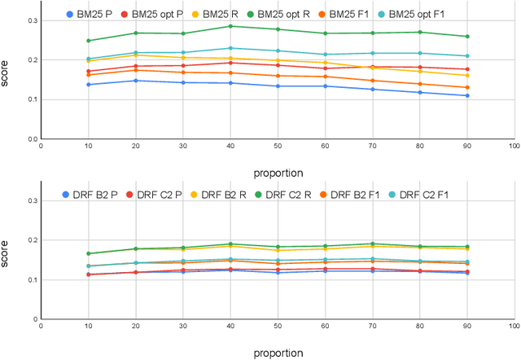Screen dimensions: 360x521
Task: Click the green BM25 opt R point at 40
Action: (230, 26)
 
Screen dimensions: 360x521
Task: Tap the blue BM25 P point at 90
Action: (466, 95)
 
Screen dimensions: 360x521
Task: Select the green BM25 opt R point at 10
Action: (89, 41)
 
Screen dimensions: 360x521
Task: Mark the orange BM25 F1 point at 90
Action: (466, 88)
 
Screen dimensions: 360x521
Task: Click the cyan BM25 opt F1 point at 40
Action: (230, 48)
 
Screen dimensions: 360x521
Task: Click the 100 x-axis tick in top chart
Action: (513, 147)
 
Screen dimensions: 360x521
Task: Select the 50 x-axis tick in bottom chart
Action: (277, 327)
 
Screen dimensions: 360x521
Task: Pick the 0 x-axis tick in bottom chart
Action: (42, 327)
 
